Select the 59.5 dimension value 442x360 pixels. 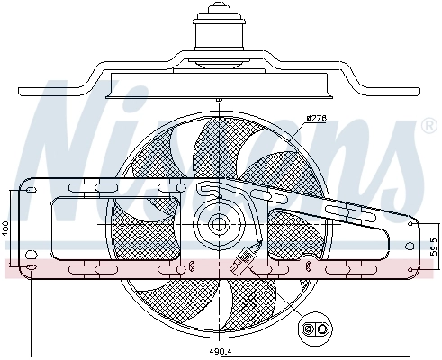[x=434, y=244]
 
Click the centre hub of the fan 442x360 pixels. [x=218, y=225]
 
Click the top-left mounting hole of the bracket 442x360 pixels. [x=32, y=188]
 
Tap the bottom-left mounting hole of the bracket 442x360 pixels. [x=32, y=268]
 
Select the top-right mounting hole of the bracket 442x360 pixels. [x=410, y=225]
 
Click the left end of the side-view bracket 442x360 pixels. [x=27, y=90]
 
